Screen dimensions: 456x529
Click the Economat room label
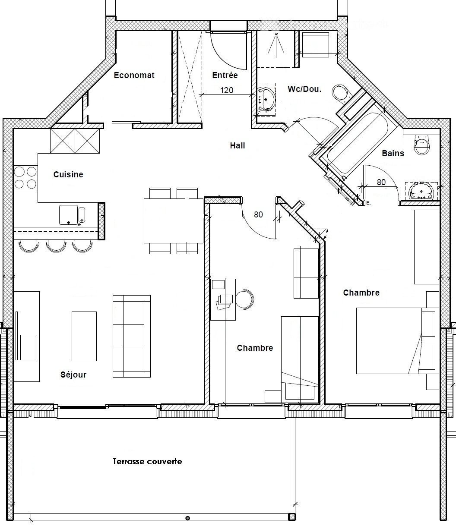pos(134,75)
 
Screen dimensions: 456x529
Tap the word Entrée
pos(225,75)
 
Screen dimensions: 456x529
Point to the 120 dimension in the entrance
pos(227,90)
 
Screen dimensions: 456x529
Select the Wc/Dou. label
pos(304,89)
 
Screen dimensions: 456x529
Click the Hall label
pos(237,145)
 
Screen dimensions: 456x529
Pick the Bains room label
pos(393,153)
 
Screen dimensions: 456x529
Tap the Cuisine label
pos(68,175)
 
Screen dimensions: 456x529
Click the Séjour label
pos(73,375)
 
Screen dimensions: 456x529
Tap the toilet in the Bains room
pos(421,145)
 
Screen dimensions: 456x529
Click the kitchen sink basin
pos(68,215)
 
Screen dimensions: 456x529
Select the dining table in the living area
pos(174,221)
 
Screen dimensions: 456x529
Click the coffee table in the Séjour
pos(84,336)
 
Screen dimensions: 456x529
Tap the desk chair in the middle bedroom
pos(245,299)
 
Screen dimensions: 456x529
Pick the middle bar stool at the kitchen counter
pos(56,246)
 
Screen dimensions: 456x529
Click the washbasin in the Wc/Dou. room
pos(266,99)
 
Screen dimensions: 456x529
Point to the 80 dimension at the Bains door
pos(381,182)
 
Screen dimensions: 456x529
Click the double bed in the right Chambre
pos(396,340)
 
